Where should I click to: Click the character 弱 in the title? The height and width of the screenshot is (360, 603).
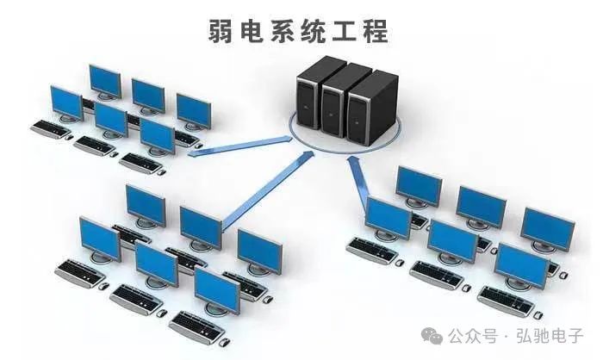coord(221,31)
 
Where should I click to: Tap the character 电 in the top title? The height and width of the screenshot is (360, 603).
coord(252,31)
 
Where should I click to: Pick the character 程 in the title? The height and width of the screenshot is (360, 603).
coord(376,31)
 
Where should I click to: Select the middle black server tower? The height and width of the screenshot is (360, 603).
coord(341,101)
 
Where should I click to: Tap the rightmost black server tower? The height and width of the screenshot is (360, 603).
coord(371,108)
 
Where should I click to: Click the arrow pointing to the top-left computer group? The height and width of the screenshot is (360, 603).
coord(240,146)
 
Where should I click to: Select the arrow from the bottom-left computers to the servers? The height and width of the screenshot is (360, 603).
coord(267,191)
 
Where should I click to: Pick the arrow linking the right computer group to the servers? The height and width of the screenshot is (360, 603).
coord(358,181)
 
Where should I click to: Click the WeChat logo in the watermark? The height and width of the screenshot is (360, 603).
coord(432,336)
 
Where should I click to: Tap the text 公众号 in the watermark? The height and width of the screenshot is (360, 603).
coord(473,336)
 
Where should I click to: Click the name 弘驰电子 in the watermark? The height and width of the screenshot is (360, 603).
coord(550,336)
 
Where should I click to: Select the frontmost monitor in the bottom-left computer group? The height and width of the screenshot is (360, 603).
coord(217,291)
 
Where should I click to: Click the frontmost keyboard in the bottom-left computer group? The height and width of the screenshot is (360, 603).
coord(196,327)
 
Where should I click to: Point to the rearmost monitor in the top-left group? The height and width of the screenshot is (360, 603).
coord(105,82)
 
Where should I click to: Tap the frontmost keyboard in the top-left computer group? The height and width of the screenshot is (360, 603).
coord(140,163)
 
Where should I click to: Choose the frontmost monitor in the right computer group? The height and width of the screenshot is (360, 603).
coord(522,266)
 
